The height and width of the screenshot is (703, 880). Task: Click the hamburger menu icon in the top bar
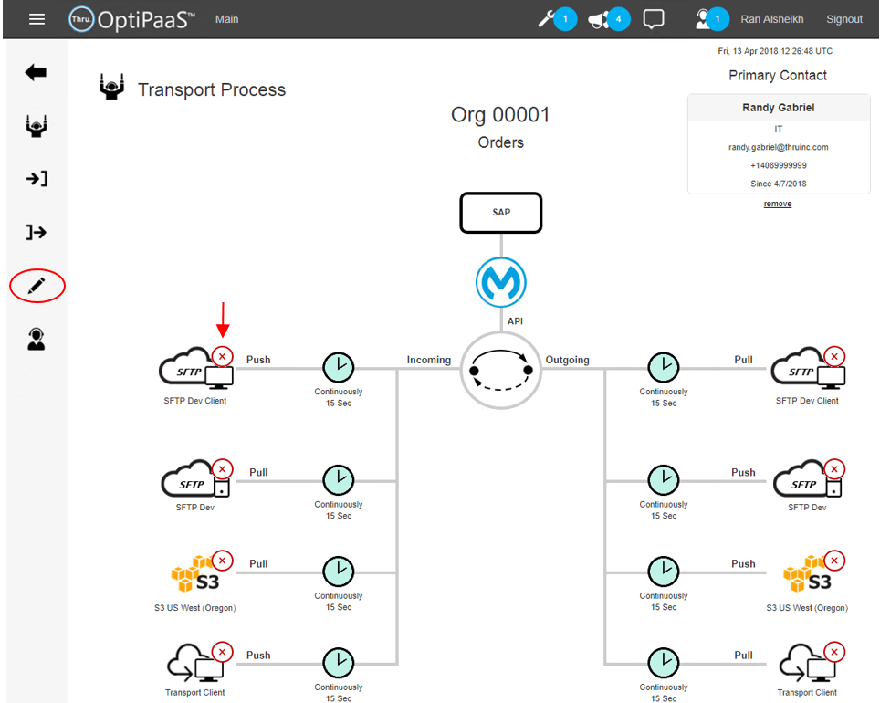tap(37, 18)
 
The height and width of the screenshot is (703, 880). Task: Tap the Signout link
tap(843, 19)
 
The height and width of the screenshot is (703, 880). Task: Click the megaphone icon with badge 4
tap(599, 18)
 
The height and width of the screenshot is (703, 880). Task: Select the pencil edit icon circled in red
tap(37, 286)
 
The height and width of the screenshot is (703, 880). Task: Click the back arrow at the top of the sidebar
tap(36, 72)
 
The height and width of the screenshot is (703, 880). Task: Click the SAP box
tap(501, 212)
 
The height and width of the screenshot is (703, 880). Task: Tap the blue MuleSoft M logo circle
tap(501, 282)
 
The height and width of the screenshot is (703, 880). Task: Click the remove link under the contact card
tap(778, 204)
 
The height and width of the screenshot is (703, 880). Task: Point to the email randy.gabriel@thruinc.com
tap(778, 147)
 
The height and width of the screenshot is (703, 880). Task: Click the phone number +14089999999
tap(778, 165)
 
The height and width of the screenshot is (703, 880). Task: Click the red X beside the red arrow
tap(222, 355)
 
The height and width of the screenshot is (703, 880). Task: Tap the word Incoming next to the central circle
tap(429, 360)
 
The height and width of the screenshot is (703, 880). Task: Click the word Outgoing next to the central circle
tap(567, 360)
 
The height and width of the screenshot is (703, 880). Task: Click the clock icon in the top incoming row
tap(339, 367)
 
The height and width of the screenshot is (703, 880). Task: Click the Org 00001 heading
tap(500, 115)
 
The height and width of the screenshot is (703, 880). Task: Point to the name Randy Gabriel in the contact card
tap(778, 108)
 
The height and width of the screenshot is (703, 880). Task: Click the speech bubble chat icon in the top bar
tap(654, 19)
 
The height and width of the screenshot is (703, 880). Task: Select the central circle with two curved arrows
tap(501, 370)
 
